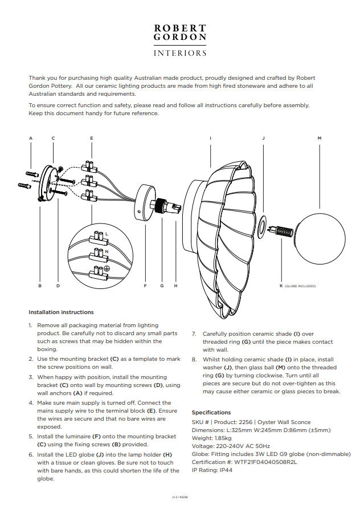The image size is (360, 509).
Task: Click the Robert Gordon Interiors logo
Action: point(180,40)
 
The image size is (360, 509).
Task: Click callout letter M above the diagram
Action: point(320,139)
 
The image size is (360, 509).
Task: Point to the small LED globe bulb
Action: point(281,231)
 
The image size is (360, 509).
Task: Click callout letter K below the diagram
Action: point(281,286)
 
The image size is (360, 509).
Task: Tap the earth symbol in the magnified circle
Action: point(105,268)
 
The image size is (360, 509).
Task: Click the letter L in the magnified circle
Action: point(107,234)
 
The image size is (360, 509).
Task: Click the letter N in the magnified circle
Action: point(107,251)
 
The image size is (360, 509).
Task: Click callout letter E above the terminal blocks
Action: point(92,139)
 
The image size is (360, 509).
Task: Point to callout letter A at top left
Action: point(31,139)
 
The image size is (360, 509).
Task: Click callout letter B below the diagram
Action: point(40,286)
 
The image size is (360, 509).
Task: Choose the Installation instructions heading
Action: point(61,312)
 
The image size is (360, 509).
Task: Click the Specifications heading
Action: point(211,413)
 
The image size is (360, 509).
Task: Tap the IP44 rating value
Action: point(225,470)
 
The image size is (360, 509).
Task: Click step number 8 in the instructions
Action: point(194,360)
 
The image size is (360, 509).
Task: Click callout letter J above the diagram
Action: point(263,139)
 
